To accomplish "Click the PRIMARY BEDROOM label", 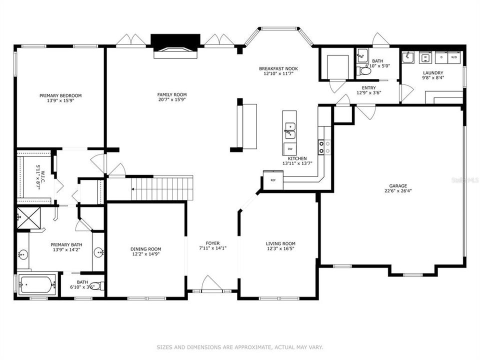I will [x=60, y=95].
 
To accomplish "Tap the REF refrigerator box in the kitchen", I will [x=273, y=180].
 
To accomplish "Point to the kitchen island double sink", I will [x=289, y=131].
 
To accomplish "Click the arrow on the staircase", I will [x=134, y=189].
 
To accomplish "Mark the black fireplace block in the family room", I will [x=175, y=40].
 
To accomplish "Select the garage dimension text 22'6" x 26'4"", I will [x=398, y=190].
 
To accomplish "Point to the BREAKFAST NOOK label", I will [x=278, y=68].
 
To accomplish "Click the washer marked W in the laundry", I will [x=425, y=57].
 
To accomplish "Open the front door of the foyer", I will [x=211, y=285].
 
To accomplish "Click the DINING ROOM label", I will [x=145, y=249].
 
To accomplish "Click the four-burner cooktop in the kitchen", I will [x=324, y=146].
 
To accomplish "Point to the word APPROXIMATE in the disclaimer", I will [x=249, y=347].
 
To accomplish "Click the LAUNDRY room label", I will [x=432, y=72].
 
